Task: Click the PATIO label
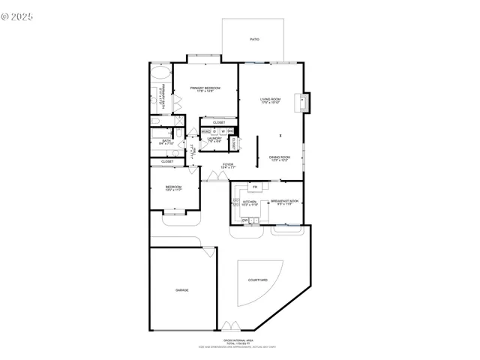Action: pos(254,39)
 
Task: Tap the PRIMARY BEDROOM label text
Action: pos(204,88)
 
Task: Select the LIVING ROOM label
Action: pos(270,100)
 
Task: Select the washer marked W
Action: pos(223,132)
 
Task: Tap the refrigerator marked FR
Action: pos(255,187)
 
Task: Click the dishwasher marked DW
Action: pos(245,220)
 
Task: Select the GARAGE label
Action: pos(181,289)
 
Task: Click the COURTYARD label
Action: pos(258,280)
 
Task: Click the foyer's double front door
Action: pos(216,176)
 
